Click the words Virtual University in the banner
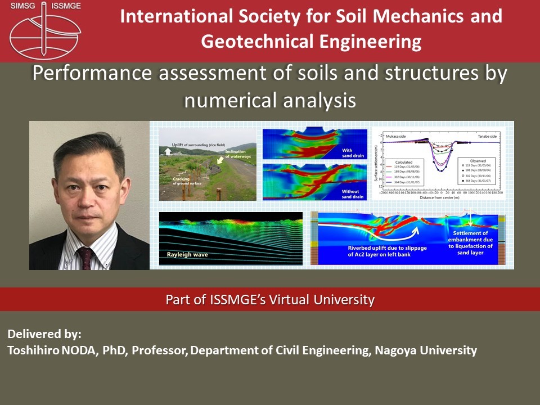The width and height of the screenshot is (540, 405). tap(332, 300)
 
